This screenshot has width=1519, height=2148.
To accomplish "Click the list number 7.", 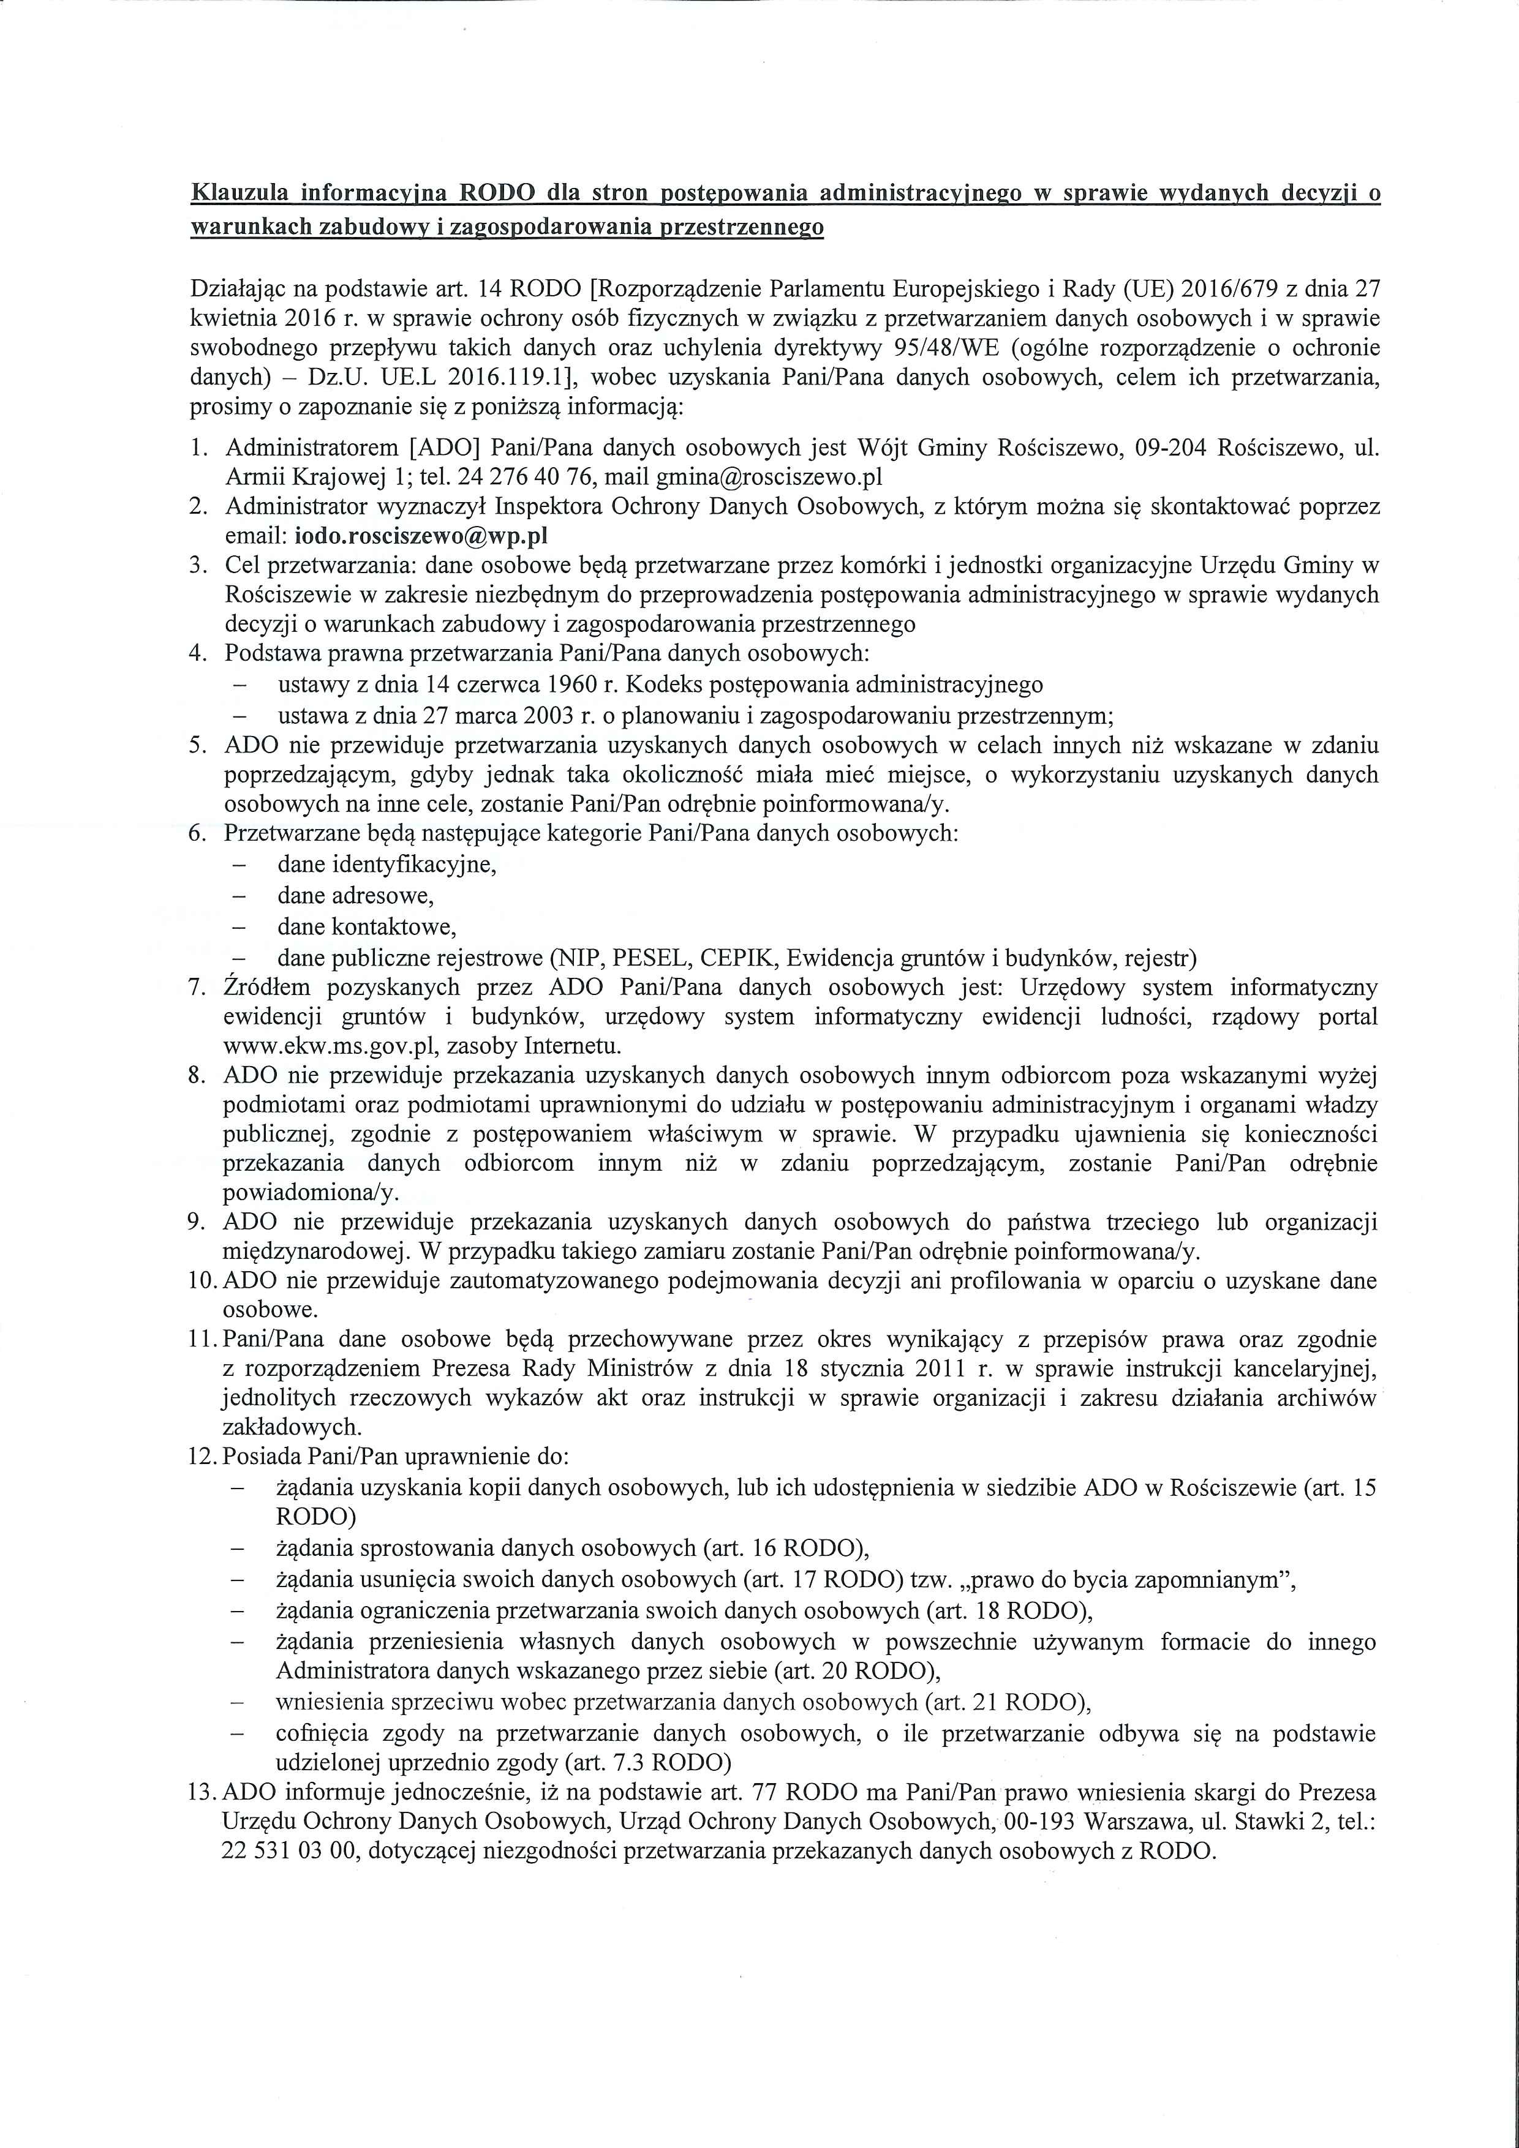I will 197,988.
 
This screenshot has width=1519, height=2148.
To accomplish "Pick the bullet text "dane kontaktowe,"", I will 366,927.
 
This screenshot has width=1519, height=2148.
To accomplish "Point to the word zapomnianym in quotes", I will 1207,1580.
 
